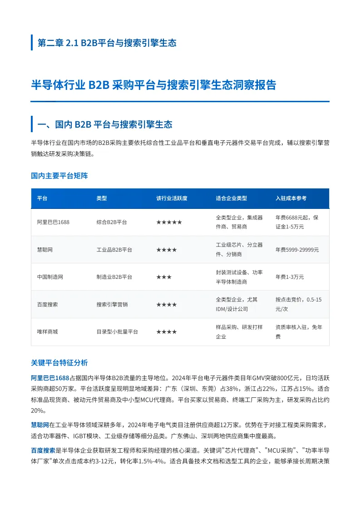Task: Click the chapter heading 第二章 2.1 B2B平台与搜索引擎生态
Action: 107,43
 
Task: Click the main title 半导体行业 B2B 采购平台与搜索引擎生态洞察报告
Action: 153,85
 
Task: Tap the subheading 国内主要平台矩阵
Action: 59,176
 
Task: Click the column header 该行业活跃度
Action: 172,198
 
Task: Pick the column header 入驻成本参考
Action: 291,198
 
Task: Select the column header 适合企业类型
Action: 232,198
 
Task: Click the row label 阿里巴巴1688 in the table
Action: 53,222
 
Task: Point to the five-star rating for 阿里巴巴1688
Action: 169,222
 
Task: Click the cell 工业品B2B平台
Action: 114,250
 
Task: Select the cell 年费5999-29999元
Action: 297,250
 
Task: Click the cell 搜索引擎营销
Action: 112,304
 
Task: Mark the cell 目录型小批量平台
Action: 117,332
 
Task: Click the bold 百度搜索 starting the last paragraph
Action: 43,451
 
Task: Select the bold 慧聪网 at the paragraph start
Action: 40,425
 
